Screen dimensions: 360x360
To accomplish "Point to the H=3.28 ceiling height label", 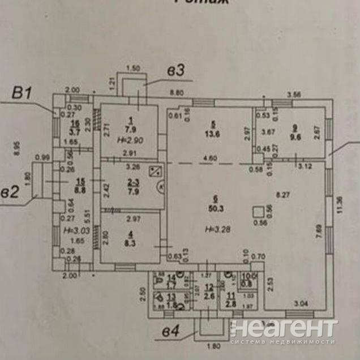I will coord(218,229).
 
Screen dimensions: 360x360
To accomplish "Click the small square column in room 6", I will coord(257,212).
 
